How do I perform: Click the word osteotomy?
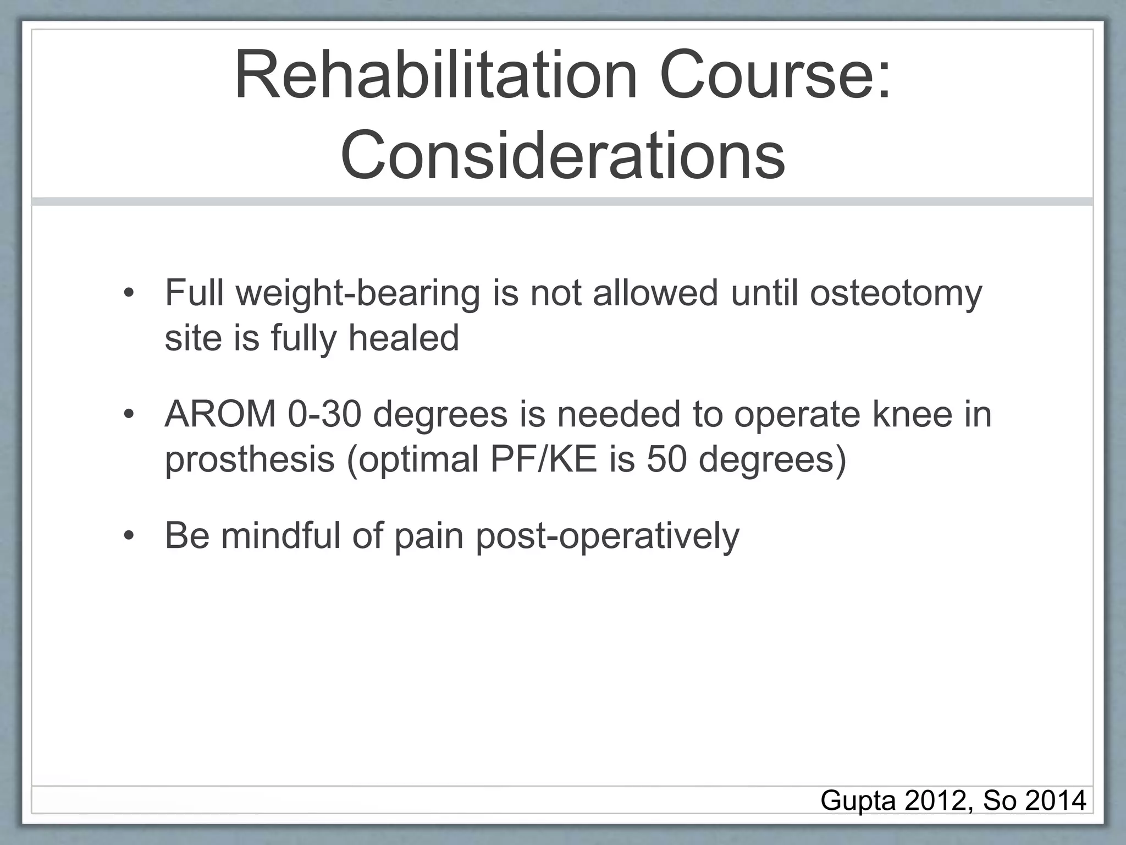[x=896, y=294]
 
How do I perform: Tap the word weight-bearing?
[x=358, y=294]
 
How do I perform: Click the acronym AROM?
[x=220, y=414]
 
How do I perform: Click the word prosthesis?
[x=250, y=459]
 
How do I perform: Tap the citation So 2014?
[x=1034, y=800]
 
